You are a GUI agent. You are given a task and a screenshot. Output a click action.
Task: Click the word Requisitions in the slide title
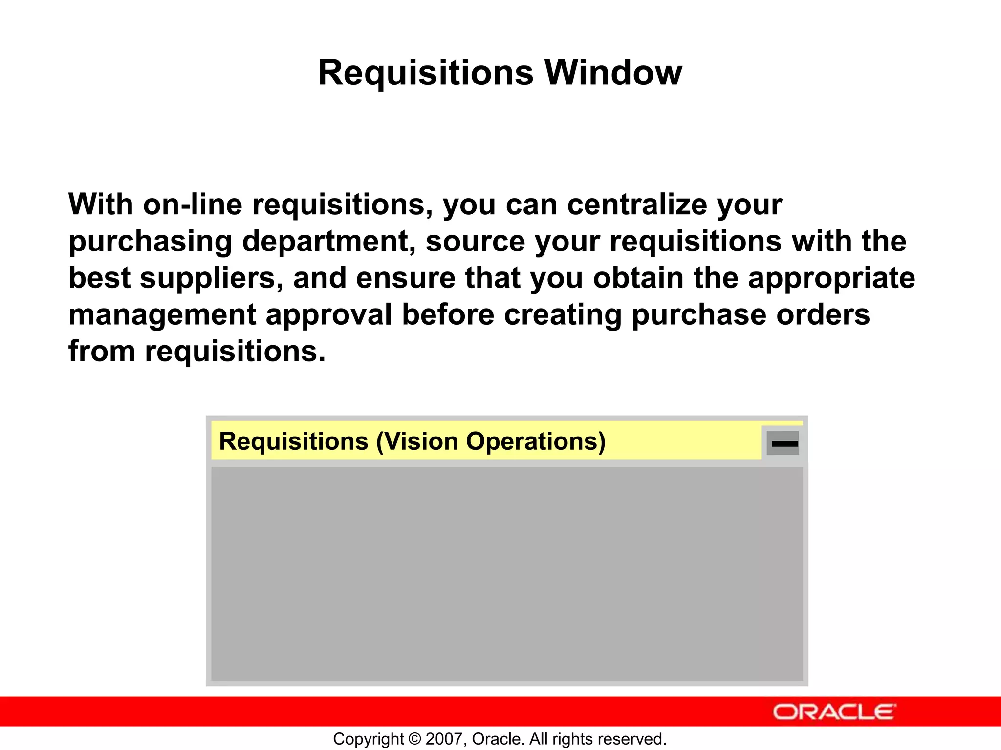tap(425, 73)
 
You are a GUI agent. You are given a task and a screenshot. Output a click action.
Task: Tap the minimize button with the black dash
tap(783, 443)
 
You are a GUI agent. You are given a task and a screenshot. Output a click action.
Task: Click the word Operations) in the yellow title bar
tap(536, 441)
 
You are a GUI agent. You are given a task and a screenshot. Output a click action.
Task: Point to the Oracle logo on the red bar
tap(834, 712)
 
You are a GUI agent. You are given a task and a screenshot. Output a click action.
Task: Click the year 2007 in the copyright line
tap(441, 739)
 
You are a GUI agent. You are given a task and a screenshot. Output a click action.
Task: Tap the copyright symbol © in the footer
tap(414, 739)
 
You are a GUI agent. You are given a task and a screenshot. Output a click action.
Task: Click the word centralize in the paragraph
tap(637, 205)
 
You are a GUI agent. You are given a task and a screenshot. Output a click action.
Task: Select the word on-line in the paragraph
tap(193, 205)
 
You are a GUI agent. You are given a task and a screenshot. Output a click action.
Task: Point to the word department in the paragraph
tap(328, 241)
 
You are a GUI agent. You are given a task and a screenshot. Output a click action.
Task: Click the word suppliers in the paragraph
tap(211, 278)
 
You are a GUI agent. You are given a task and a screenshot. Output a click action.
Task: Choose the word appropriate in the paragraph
tap(831, 278)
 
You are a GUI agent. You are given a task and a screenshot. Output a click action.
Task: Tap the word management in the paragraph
tap(162, 315)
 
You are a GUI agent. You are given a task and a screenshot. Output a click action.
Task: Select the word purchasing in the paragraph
tap(150, 241)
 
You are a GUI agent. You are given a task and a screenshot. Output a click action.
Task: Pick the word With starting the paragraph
tap(100, 205)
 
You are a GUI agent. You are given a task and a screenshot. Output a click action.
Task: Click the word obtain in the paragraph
tap(638, 278)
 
